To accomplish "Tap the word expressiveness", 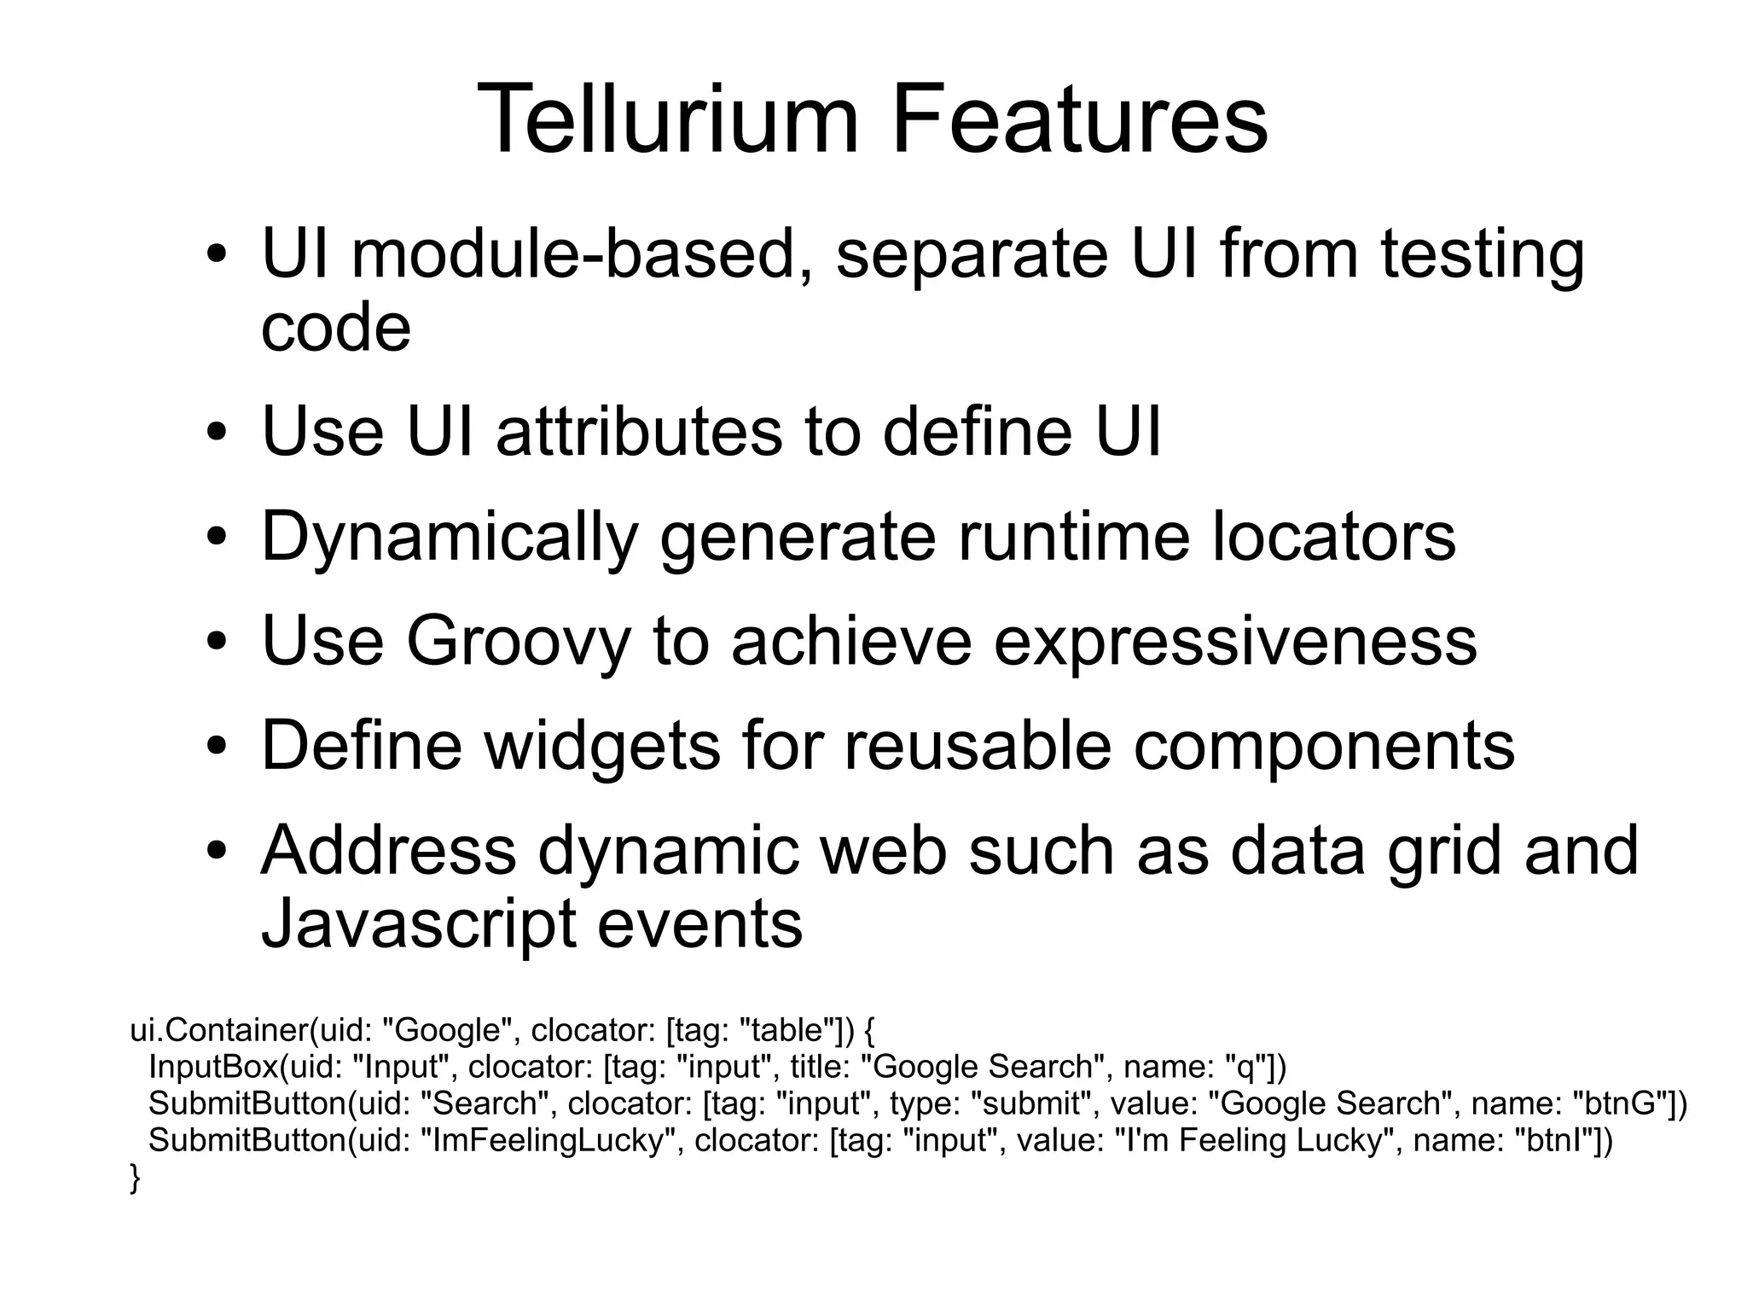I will pyautogui.click(x=1235, y=642).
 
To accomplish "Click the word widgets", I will pyautogui.click(x=602, y=746).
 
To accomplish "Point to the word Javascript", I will pyautogui.click(x=417, y=925).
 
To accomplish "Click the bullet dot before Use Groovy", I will pyautogui.click(x=218, y=643).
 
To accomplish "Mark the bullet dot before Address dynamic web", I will pyautogui.click(x=218, y=853).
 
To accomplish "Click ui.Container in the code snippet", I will pyautogui.click(x=218, y=1031).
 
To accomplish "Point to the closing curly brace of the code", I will pyautogui.click(x=135, y=1179).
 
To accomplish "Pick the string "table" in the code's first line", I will pyautogui.click(x=788, y=1031).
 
